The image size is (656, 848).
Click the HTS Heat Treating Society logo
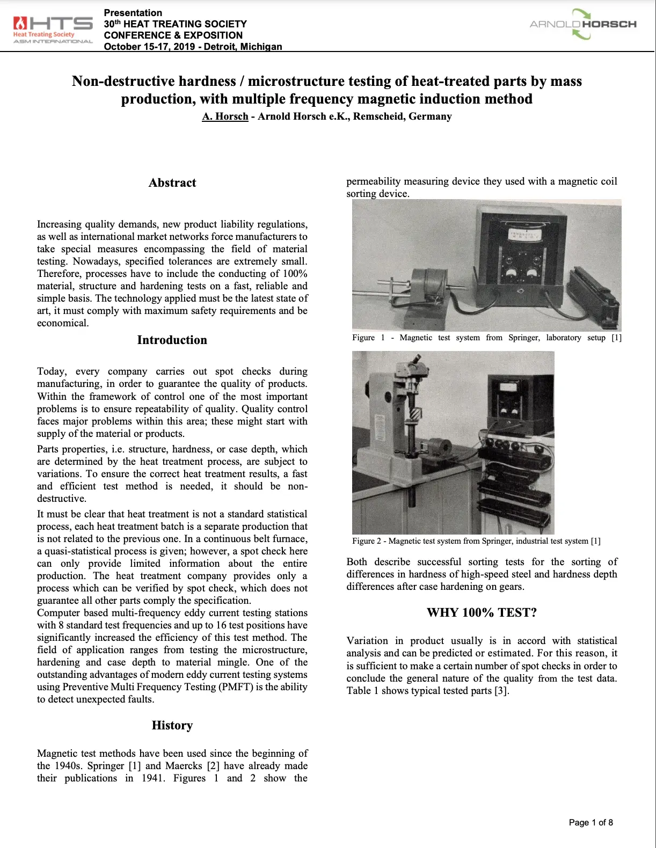point(53,30)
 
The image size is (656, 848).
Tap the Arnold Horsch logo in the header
point(583,24)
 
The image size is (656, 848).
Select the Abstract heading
point(172,183)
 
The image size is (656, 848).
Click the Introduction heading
point(172,340)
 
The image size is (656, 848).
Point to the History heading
point(172,726)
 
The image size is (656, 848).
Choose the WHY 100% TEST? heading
point(482,613)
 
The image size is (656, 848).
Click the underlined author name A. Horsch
point(225,116)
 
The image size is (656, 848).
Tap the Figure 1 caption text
point(486,338)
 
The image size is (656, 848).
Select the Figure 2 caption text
point(476,541)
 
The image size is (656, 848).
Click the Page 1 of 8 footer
point(591,822)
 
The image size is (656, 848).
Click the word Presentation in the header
point(133,13)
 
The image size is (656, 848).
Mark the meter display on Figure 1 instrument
point(526,236)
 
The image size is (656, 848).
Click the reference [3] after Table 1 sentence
point(501,691)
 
